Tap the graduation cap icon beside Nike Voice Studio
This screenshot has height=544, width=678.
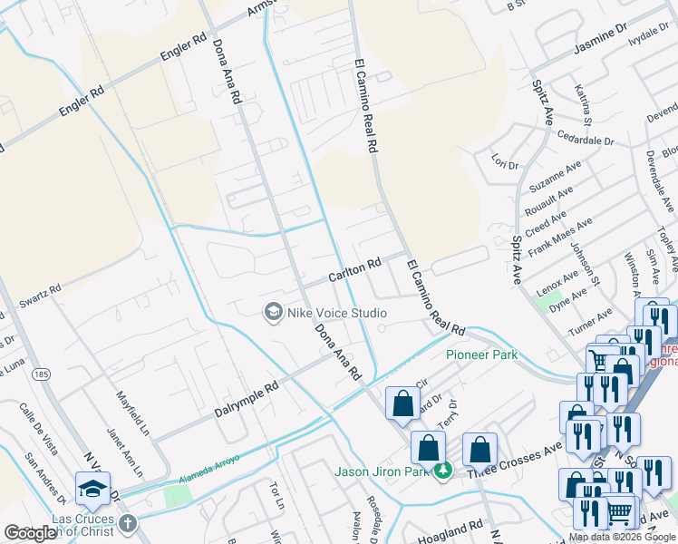coord(272,313)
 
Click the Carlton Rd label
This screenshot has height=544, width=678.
coord(354,269)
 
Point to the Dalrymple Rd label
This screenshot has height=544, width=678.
coord(246,400)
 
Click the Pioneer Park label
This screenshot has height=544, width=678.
coord(481,355)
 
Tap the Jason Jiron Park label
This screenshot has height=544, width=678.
coord(383,471)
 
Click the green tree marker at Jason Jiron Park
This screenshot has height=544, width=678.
coord(443,471)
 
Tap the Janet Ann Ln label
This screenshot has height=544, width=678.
coord(121,452)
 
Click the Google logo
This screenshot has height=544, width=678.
coord(31,533)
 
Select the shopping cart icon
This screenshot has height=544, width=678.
coord(619,513)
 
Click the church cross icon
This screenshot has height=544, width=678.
coord(128,523)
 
